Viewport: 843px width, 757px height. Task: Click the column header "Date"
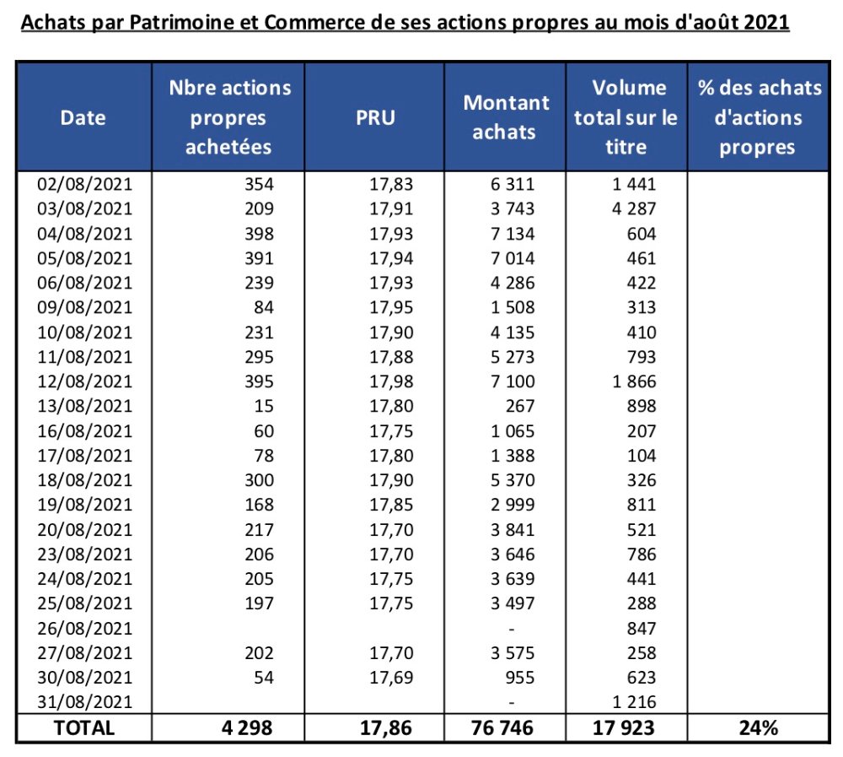(83, 117)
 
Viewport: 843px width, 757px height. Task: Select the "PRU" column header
(375, 117)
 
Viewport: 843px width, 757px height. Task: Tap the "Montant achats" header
(507, 117)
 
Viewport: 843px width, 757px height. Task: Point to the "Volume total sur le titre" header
(626, 117)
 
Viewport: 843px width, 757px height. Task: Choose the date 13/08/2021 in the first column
(85, 406)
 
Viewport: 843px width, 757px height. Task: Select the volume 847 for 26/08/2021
(642, 628)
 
